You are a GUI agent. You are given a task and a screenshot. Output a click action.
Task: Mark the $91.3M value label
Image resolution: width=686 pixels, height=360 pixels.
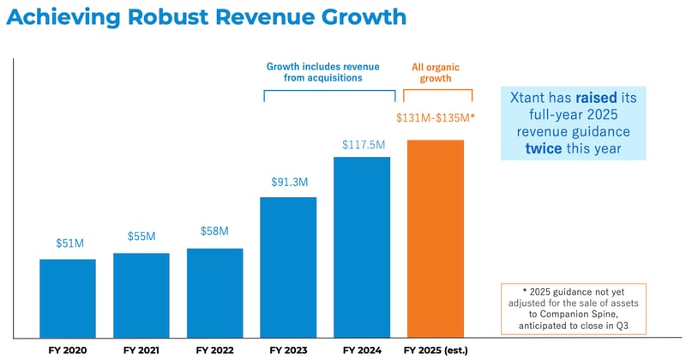[288, 183]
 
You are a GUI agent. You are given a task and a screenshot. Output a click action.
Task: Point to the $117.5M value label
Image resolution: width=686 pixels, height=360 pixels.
[362, 143]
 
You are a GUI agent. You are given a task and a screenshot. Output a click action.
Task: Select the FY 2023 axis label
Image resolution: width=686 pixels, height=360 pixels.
[288, 350]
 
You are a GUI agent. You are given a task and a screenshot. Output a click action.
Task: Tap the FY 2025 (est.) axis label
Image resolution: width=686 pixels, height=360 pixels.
[435, 350]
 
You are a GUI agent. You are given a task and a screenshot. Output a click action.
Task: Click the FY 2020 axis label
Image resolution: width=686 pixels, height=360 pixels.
[68, 350]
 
